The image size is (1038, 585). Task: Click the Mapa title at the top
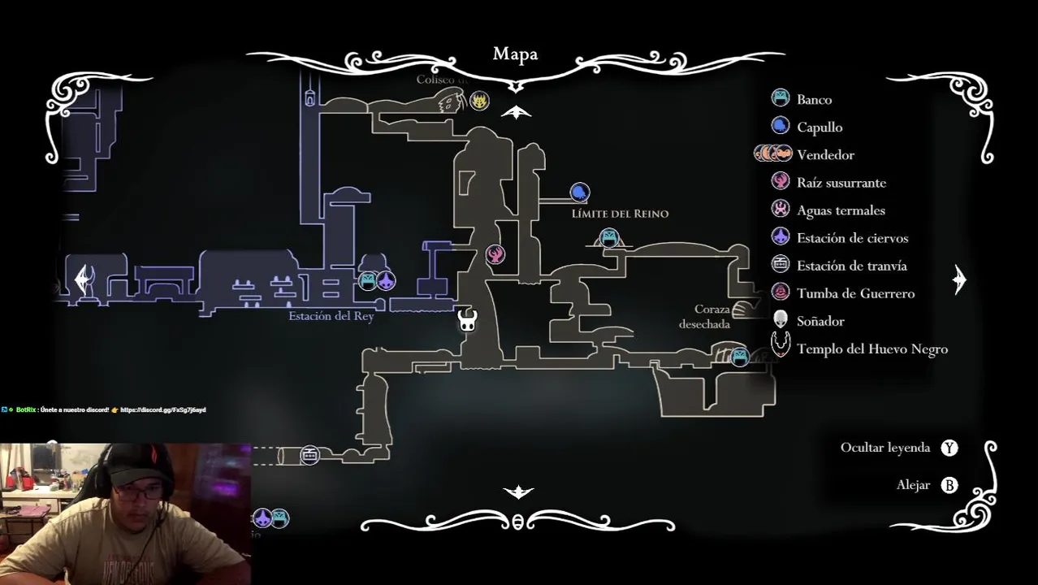click(515, 54)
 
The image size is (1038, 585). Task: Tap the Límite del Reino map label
click(620, 214)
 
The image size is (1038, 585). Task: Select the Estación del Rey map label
click(331, 316)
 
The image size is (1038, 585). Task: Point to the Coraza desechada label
click(705, 317)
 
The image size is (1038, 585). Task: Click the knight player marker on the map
click(468, 319)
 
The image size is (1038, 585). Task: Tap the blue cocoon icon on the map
click(579, 193)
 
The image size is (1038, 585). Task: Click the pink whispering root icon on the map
click(495, 254)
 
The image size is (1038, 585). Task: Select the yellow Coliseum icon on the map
click(480, 101)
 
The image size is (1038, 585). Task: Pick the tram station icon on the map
click(309, 455)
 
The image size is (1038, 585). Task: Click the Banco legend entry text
click(814, 100)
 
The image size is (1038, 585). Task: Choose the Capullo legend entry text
click(820, 128)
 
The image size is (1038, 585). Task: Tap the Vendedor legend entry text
click(825, 155)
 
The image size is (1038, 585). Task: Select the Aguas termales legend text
click(841, 210)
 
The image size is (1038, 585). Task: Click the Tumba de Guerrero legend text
click(855, 293)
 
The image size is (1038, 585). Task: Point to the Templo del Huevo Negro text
click(871, 349)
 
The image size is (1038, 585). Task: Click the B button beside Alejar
click(949, 485)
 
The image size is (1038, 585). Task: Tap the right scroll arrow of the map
click(959, 279)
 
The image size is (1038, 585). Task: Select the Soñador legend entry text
click(820, 321)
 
